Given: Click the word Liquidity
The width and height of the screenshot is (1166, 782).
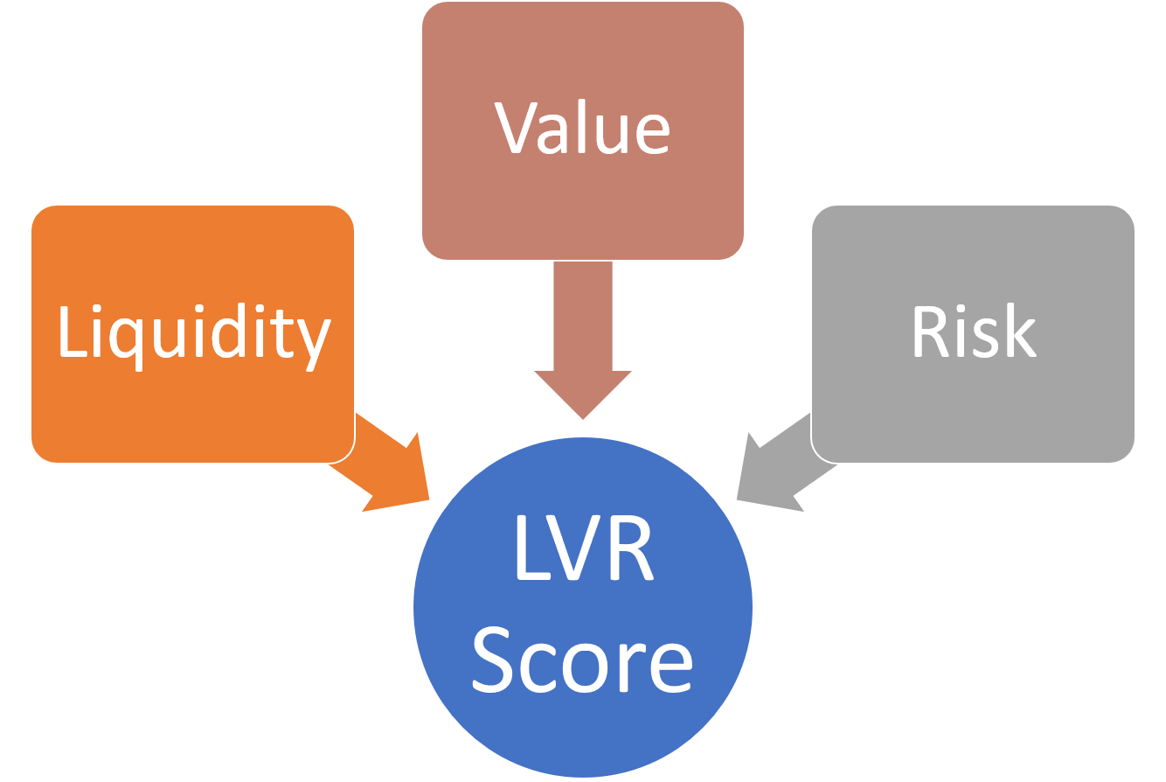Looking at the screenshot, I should tap(193, 334).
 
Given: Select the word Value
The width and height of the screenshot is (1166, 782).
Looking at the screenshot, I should tap(583, 129).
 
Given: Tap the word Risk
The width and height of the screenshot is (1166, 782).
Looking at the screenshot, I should tap(973, 332).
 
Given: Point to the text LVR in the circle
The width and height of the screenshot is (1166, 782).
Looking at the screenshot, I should tap(583, 553).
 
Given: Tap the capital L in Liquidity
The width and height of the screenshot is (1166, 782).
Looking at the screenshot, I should tap(72, 332).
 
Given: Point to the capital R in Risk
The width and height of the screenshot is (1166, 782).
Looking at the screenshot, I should tap(931, 332).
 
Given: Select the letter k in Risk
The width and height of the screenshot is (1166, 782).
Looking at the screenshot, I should tap(1020, 332).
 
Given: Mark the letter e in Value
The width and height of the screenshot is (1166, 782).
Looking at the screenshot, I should tap(649, 134).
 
